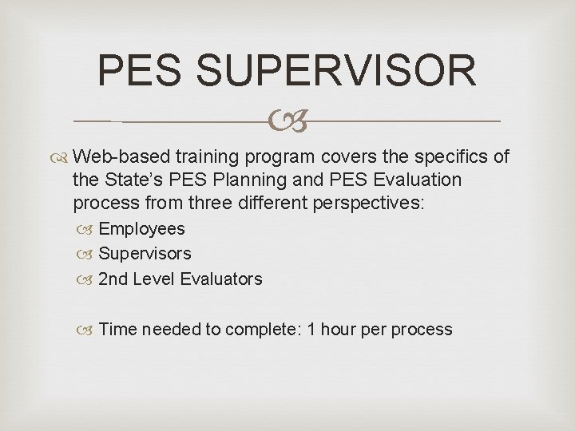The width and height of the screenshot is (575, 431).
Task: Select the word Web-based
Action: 129,156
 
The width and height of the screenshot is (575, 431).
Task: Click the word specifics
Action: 448,156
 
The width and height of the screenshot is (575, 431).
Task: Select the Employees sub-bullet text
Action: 141,229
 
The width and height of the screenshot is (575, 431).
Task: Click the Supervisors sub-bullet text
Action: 145,254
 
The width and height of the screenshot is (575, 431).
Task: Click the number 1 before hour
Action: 311,329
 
